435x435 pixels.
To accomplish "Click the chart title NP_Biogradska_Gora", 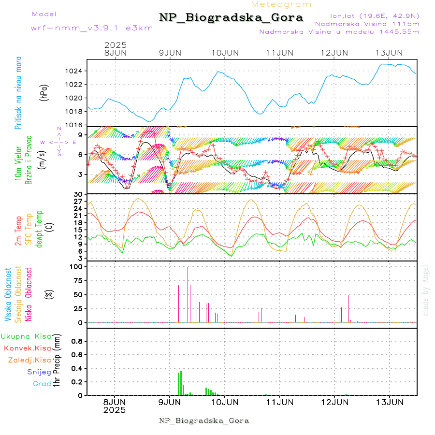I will pyautogui.click(x=231, y=18).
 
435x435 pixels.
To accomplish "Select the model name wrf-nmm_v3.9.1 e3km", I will pyautogui.click(x=92, y=28).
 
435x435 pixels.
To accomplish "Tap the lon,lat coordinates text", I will pyautogui.click(x=375, y=15).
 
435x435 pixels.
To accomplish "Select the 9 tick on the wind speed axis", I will pyautogui.click(x=82, y=134).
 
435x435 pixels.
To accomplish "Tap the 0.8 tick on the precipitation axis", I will pyautogui.click(x=77, y=341).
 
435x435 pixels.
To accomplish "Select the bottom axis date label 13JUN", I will pyautogui.click(x=390, y=402).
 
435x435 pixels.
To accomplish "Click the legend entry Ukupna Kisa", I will pyautogui.click(x=26, y=336).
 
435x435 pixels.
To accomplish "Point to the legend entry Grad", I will pyautogui.click(x=42, y=384).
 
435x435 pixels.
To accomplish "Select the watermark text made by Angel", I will pyautogui.click(x=426, y=290).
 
